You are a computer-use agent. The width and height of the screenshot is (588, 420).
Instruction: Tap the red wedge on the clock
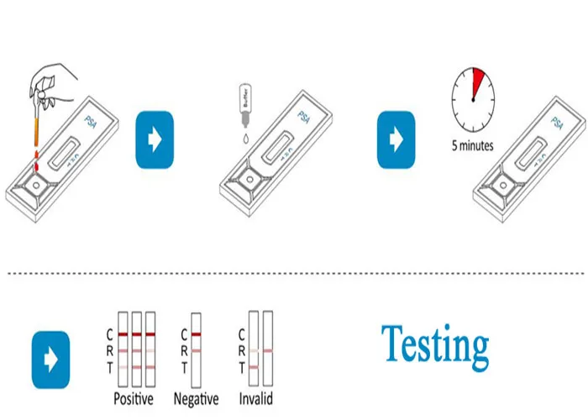point(480,82)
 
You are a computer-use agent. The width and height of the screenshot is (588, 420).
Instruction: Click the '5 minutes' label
point(473,145)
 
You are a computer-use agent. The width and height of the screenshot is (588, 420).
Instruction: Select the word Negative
point(196,398)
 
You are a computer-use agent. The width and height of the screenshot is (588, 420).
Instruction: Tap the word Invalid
point(255,398)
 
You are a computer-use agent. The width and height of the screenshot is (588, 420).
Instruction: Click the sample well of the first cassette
point(37,181)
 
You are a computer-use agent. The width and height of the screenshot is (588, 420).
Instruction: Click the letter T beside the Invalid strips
point(242,367)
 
